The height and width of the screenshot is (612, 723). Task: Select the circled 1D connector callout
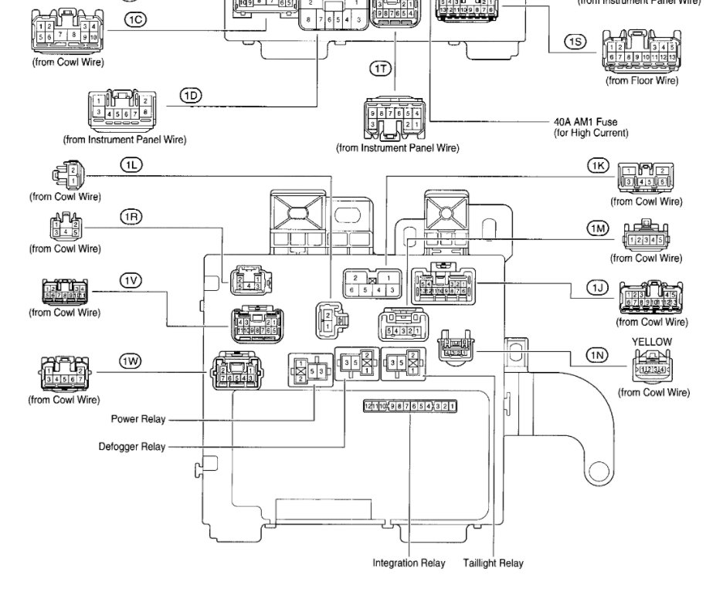point(191,96)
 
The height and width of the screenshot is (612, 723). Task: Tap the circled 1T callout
point(381,69)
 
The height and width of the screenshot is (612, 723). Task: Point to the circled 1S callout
point(575,42)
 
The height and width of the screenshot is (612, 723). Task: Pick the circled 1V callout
point(131,281)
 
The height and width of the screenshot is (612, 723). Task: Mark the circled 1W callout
point(131,361)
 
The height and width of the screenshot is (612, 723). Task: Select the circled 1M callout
point(598,228)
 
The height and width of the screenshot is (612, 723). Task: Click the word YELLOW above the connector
point(651,342)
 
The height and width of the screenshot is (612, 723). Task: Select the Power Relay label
point(139,420)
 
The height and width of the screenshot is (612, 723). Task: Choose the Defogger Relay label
point(131,447)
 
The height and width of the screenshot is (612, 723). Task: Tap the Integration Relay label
point(409,563)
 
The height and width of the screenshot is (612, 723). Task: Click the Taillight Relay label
point(493,563)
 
